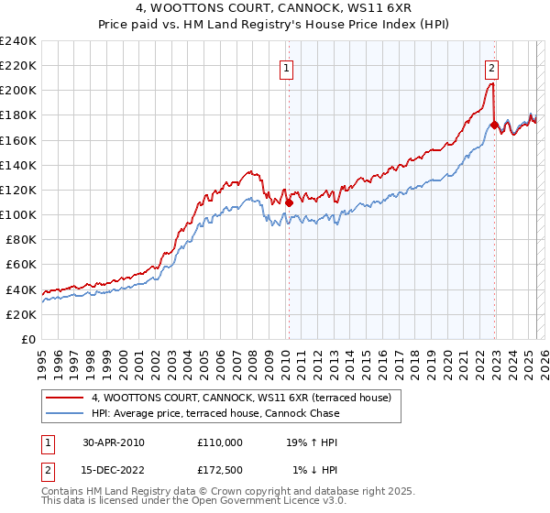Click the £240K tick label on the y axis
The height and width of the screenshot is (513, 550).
tap(18, 41)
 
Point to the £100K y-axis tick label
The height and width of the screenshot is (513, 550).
tap(18, 214)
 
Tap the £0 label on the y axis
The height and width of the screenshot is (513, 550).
tap(28, 339)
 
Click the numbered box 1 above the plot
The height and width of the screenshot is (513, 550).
tap(287, 67)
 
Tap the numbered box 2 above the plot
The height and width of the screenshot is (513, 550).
tap(492, 67)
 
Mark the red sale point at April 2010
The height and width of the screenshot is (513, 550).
tap(289, 202)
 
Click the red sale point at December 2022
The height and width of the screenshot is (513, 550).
tap(494, 125)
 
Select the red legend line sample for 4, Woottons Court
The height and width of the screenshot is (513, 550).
tap(65, 398)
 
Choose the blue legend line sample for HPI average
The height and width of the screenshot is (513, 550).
tap(65, 413)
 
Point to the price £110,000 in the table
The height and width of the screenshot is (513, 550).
tap(220, 442)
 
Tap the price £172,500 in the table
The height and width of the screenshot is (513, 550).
tap(220, 470)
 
